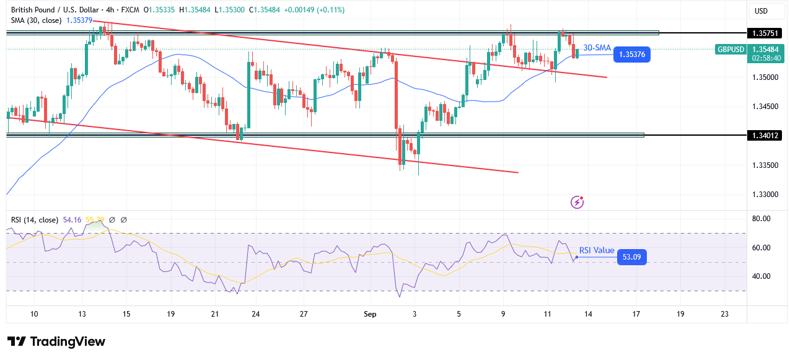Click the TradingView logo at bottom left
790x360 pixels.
pyautogui.click(x=56, y=342)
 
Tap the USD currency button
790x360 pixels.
pyautogui.click(x=760, y=11)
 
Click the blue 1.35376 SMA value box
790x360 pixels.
pyautogui.click(x=631, y=55)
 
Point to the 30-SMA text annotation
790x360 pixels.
pyautogui.click(x=597, y=48)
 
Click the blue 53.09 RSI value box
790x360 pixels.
pyautogui.click(x=631, y=257)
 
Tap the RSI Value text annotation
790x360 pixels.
pyautogui.click(x=596, y=250)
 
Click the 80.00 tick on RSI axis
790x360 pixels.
pyautogui.click(x=761, y=219)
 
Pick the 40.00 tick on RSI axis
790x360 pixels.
pyautogui.click(x=761, y=276)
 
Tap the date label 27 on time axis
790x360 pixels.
pyautogui.click(x=304, y=314)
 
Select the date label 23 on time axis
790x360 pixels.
pyautogui.click(x=725, y=314)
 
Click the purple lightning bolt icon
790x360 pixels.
pyautogui.click(x=577, y=202)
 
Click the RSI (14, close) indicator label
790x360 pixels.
pyautogui.click(x=35, y=219)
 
